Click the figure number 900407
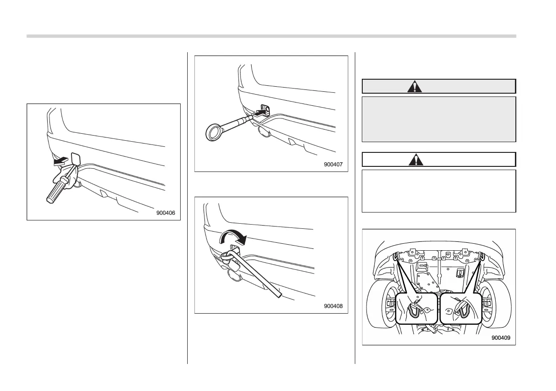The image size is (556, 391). (x=333, y=164)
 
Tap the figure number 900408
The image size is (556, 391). (x=333, y=306)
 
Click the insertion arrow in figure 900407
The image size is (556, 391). (x=260, y=112)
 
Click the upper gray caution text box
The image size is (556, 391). (x=439, y=119)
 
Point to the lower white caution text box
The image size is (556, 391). (x=439, y=191)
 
